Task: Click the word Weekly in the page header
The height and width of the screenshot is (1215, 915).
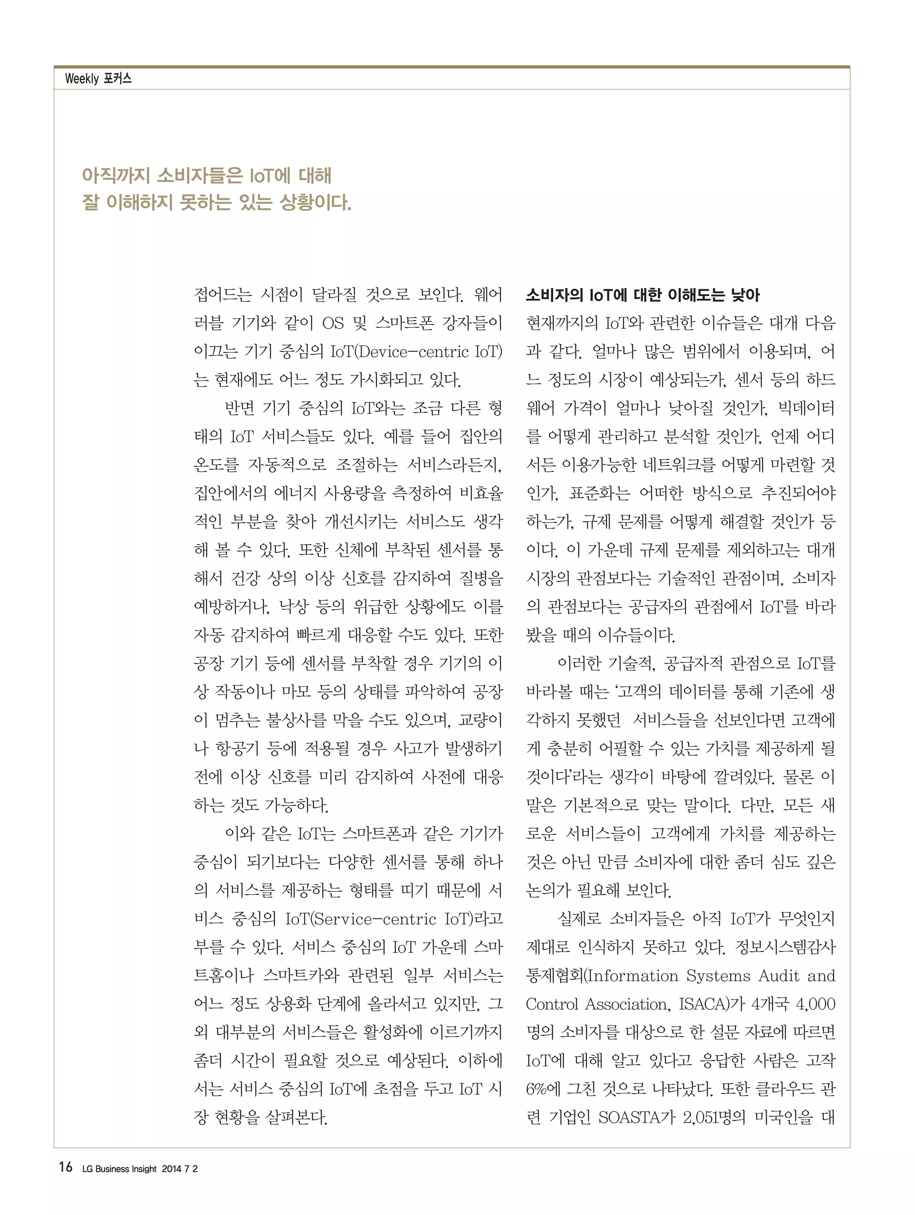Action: click(x=81, y=79)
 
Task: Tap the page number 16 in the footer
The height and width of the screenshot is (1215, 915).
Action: click(x=65, y=1167)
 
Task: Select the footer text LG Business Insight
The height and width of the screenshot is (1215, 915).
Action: click(x=119, y=1169)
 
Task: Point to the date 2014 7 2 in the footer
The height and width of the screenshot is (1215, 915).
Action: click(x=180, y=1169)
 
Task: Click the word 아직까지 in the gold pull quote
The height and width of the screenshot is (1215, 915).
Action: click(x=115, y=176)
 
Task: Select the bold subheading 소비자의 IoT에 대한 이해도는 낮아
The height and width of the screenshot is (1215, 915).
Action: click(x=642, y=296)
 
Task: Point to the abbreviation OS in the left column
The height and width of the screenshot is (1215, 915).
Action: click(x=333, y=323)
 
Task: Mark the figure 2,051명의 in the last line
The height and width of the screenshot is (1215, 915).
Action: click(x=714, y=1117)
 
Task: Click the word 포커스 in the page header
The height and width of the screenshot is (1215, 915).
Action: click(x=118, y=79)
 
